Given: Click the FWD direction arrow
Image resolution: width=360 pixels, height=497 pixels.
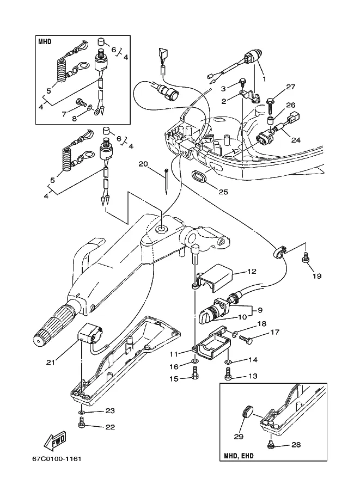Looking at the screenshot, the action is click(56, 440).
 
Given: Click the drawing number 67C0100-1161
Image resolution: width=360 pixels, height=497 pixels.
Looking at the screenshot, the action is click(57, 459).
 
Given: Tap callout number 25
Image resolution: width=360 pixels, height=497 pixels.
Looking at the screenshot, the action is click(223, 192).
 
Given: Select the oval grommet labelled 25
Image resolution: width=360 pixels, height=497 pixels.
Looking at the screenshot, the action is click(200, 176).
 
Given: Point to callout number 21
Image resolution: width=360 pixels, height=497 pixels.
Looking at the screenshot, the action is click(51, 362).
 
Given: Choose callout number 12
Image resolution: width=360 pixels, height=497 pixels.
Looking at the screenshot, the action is click(252, 271).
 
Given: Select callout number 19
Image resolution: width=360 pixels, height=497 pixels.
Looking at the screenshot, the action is click(316, 276).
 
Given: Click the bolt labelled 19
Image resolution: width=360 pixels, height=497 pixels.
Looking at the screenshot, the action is click(306, 257).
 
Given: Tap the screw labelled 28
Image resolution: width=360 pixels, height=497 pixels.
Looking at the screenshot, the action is click(270, 445).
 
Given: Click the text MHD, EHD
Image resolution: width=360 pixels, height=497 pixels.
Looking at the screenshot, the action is click(239, 456).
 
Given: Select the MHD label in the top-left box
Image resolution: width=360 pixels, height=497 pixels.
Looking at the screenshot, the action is click(45, 41).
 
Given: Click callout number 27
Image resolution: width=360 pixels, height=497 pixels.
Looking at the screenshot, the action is click(291, 87).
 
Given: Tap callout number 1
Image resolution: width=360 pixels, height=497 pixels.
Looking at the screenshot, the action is click(264, 78).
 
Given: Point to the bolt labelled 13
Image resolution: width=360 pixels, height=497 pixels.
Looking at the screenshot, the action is click(227, 373).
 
